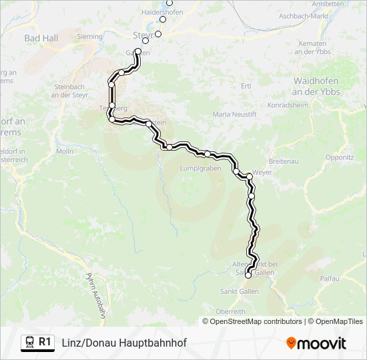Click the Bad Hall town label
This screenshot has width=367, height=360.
pyautogui.click(x=41, y=38)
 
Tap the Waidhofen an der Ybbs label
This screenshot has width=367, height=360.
pyautogui.click(x=317, y=85)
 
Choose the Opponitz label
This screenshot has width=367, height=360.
pyautogui.click(x=340, y=158)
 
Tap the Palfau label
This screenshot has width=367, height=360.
pyautogui.click(x=330, y=278)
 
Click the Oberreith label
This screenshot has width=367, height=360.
pyautogui.click(x=231, y=311)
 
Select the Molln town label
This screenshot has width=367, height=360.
pyautogui.click(x=65, y=151)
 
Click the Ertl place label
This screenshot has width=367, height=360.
pyautogui.click(x=246, y=86)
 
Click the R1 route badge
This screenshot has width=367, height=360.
pyautogui.click(x=45, y=342)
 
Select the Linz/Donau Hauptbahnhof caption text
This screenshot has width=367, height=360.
pyautogui.click(x=124, y=343)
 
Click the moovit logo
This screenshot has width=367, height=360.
pyautogui.click(x=316, y=343)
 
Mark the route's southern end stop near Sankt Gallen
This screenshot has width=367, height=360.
pyautogui.click(x=248, y=275)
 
